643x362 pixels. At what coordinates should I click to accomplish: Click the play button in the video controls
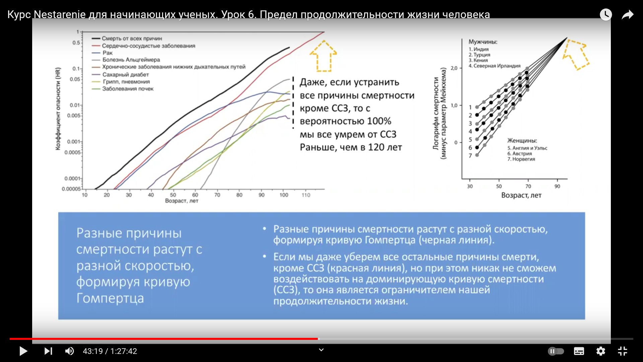tap(23, 351)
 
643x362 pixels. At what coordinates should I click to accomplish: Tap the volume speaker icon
tap(69, 351)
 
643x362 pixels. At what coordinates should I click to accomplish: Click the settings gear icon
tap(601, 351)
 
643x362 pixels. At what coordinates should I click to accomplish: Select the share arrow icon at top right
tap(628, 15)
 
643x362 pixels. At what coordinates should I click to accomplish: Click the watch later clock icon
tap(606, 14)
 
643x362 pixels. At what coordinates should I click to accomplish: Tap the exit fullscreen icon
tap(623, 351)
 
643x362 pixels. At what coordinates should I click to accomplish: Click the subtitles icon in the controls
tap(579, 351)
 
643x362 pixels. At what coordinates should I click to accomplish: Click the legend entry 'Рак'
tap(108, 53)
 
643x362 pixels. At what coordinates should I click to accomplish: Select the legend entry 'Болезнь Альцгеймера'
tap(131, 60)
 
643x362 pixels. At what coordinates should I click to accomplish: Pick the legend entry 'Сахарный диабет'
tap(126, 74)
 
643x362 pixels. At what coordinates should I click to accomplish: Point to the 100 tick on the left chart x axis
tap(284, 195)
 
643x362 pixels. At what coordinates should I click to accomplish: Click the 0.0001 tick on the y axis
tap(72, 178)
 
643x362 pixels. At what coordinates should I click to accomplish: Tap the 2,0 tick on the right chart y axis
tap(454, 68)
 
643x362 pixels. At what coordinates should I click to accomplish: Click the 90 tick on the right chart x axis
tap(557, 186)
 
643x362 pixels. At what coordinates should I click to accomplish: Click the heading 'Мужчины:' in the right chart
tap(483, 42)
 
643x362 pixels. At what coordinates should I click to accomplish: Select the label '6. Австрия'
tap(519, 154)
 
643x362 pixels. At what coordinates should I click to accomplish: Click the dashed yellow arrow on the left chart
tap(323, 56)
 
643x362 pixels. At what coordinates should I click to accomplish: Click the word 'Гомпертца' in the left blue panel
tap(110, 298)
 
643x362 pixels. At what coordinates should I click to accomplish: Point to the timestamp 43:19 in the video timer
tap(93, 351)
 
